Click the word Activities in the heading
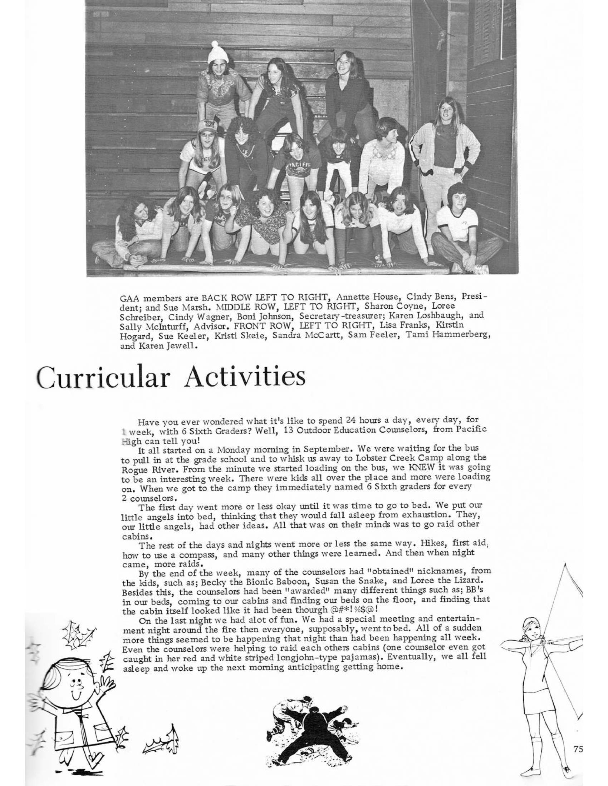click(x=245, y=377)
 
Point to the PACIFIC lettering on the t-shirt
click(x=298, y=165)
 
